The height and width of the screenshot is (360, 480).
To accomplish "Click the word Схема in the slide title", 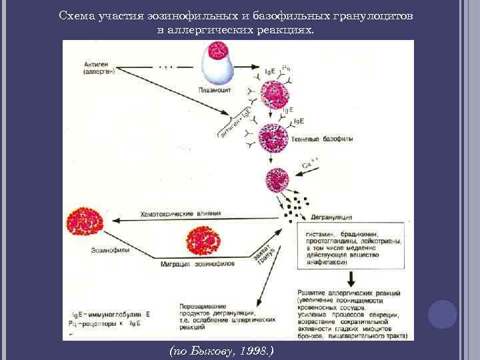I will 73,15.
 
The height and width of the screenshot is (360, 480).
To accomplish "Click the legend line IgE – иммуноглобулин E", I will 111,313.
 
